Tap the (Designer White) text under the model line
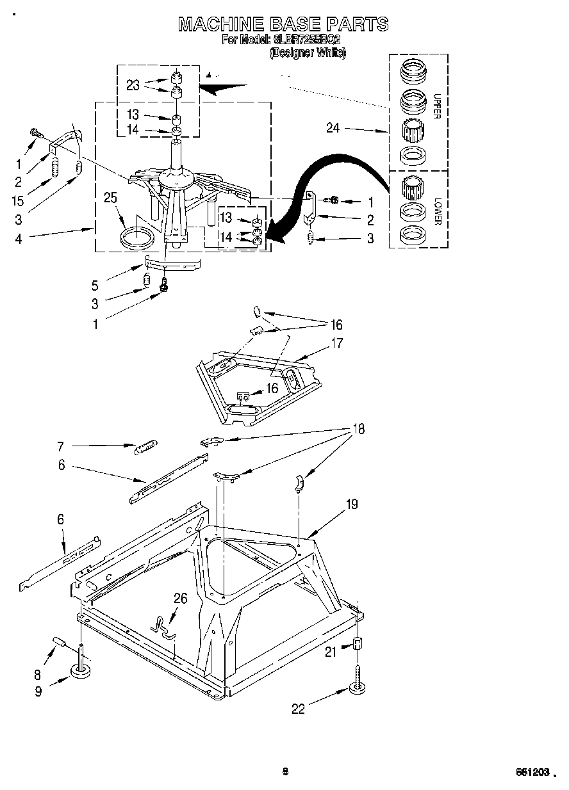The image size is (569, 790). [x=307, y=53]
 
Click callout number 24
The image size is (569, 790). [x=333, y=128]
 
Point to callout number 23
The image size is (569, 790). [x=133, y=85]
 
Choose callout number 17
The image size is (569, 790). [x=336, y=343]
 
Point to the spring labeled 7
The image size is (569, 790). [x=145, y=447]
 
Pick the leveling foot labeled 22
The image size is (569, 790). [x=357, y=689]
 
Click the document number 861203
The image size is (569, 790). [x=532, y=772]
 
